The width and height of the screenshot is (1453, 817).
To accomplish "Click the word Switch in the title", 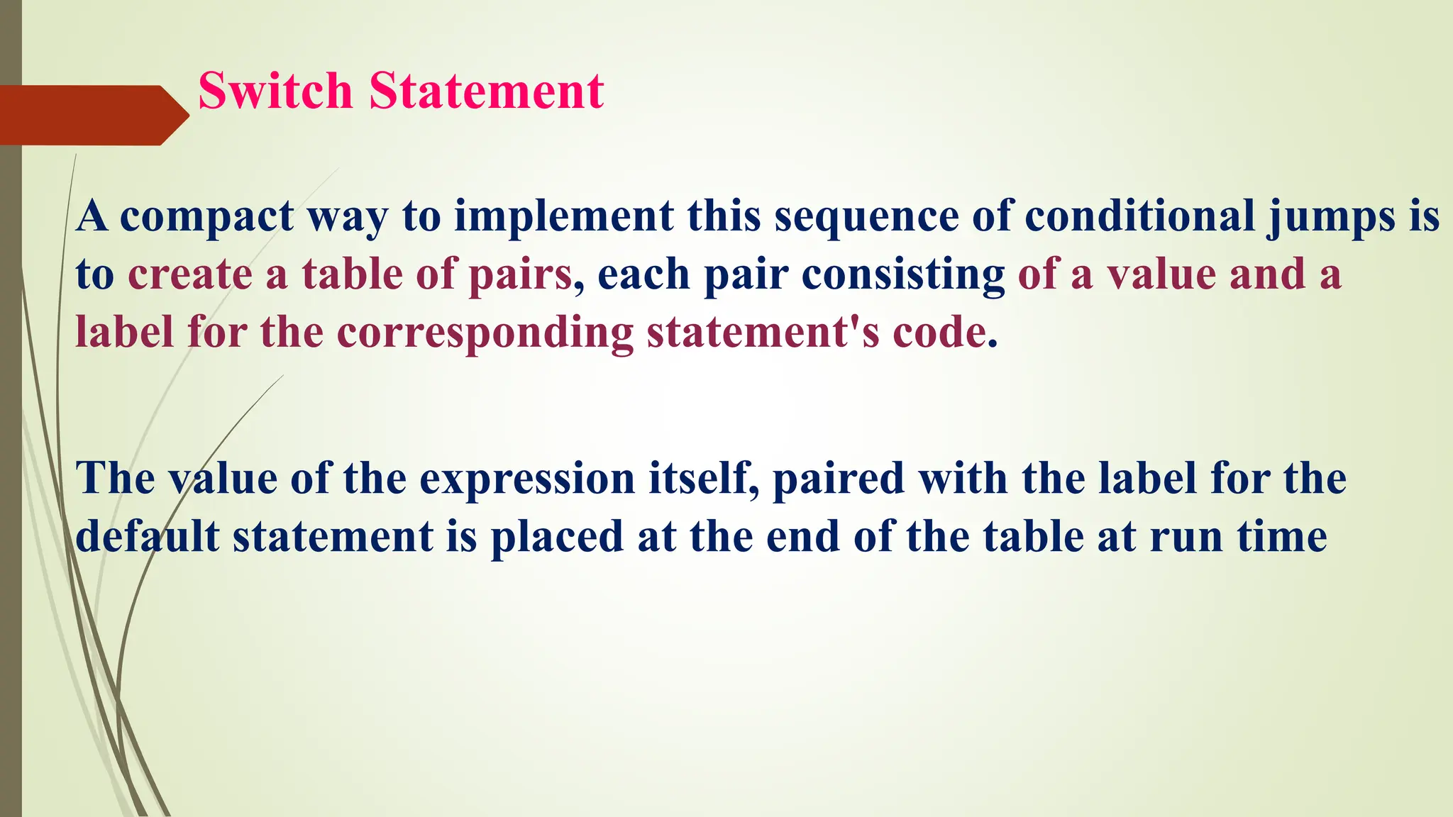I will click(275, 91).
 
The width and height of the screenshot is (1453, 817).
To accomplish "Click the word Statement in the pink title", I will click(486, 91).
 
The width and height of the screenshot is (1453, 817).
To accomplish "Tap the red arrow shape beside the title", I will click(92, 115).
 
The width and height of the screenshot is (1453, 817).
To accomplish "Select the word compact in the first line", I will click(206, 216).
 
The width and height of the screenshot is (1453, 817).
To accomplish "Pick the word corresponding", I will click(485, 333).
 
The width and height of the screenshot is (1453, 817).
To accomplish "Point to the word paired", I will click(839, 479).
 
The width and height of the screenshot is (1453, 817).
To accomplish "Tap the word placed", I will click(557, 537).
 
